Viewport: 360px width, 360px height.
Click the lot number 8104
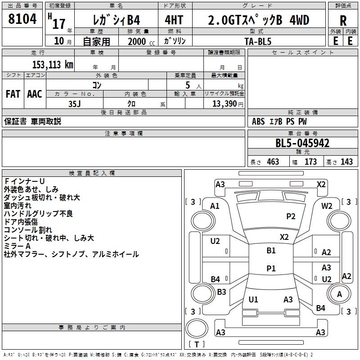coord(22,19)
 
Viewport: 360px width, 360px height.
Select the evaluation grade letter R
coord(343,21)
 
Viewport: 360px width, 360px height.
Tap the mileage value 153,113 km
coord(53,64)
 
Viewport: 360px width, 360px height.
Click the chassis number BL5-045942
coord(302,143)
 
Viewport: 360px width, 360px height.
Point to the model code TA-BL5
coord(258,41)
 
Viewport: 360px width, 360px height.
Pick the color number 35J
coord(75,104)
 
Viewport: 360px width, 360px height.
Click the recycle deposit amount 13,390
coord(224,104)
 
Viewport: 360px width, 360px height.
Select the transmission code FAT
coord(13,94)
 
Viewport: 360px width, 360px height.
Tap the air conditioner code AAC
coord(35,94)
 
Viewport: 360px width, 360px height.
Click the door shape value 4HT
coord(174,20)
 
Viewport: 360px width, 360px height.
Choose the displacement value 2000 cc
coord(141,42)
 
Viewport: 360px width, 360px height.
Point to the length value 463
coord(273,162)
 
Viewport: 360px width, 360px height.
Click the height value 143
coord(346,162)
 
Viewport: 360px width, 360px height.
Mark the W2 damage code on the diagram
coord(327,206)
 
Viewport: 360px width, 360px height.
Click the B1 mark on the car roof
coord(271,251)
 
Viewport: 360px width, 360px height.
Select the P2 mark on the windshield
coord(291,216)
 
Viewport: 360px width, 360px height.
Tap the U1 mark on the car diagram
coord(253,299)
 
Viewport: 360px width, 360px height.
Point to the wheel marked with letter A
coord(339,294)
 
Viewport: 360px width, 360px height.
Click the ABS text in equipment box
coord(258,121)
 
